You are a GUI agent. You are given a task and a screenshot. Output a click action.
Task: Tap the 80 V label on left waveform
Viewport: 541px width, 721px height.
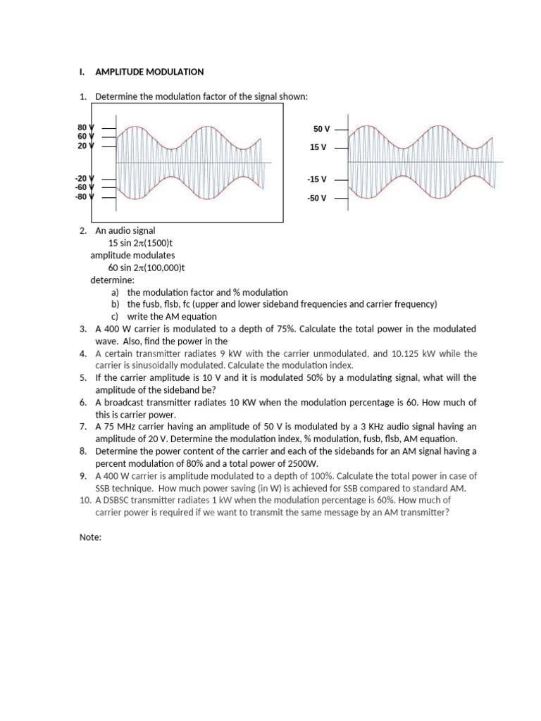point(85,127)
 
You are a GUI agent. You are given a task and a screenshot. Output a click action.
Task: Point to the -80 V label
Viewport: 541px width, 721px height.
point(84,196)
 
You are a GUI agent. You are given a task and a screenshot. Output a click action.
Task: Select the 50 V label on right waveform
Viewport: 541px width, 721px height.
point(322,130)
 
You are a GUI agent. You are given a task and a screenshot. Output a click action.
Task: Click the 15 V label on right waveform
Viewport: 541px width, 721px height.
point(318,148)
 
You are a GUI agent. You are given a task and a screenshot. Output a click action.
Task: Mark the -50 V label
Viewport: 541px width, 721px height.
point(317,198)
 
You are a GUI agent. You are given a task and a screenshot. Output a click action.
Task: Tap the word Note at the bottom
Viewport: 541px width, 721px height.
point(92,537)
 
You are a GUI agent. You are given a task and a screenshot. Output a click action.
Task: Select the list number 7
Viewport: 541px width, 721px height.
point(83,427)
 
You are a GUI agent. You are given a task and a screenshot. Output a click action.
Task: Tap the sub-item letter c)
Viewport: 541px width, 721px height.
point(116,316)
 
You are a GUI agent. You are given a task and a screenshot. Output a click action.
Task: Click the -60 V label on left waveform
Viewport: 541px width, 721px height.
point(84,187)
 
